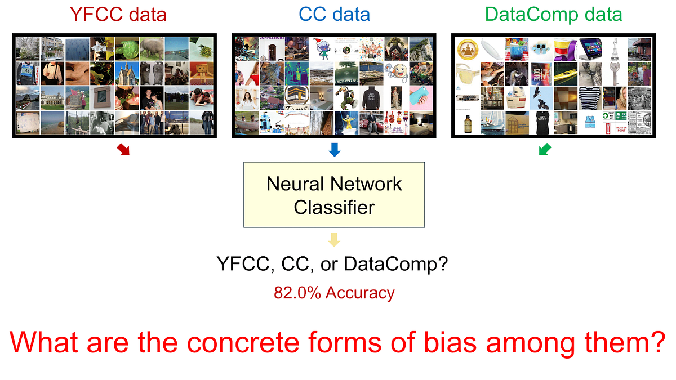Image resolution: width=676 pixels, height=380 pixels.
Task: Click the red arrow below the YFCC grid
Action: click(122, 150)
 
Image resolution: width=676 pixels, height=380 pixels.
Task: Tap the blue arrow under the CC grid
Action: click(335, 150)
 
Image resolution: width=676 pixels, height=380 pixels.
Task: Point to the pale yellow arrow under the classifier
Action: click(335, 240)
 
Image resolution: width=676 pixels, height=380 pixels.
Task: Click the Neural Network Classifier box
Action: click(334, 195)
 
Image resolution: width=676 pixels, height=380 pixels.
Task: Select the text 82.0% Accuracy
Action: click(334, 293)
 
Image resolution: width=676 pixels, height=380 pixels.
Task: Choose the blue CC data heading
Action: click(335, 14)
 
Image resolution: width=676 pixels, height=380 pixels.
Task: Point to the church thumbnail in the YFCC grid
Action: click(127, 74)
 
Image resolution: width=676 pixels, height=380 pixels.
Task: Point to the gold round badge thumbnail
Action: click(468, 49)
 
